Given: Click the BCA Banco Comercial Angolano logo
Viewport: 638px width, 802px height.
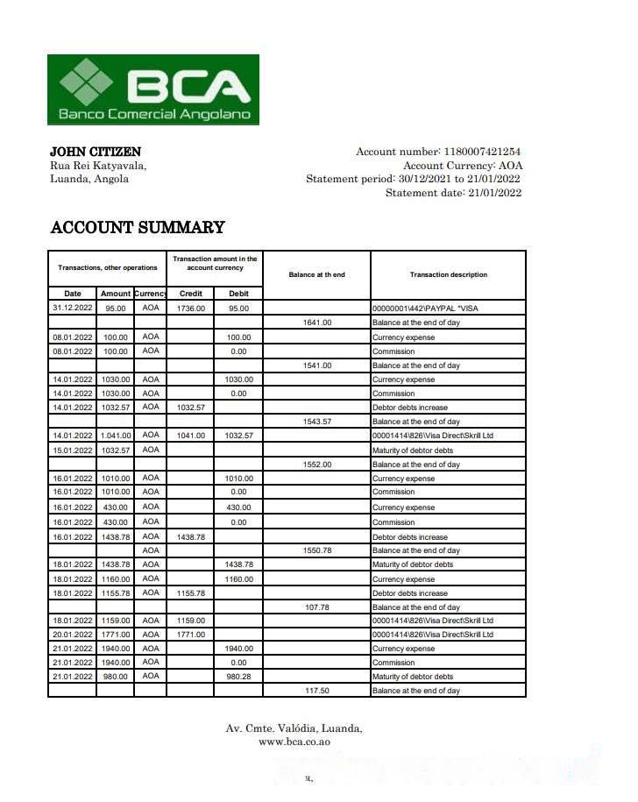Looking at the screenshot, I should pos(153,89).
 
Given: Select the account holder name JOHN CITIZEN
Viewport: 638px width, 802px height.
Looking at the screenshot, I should pos(96,152).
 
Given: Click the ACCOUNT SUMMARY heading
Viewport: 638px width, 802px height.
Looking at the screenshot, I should pos(138,228).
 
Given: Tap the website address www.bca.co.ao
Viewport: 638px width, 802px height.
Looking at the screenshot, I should pos(294,742).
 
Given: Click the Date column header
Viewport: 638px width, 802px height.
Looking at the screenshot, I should pos(72,294).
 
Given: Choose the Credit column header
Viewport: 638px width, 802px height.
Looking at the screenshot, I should pos(190,294).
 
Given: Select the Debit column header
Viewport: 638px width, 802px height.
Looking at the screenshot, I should pos(238,294).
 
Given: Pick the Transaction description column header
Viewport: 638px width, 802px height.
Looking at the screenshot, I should pos(448,274).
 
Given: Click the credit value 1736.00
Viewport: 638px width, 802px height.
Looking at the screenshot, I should pos(190,309).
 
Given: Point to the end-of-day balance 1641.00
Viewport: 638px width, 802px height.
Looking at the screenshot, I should pos(316,323).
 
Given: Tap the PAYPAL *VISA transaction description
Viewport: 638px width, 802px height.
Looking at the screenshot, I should pos(425,309).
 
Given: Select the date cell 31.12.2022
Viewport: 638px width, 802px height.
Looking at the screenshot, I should pos(72,309).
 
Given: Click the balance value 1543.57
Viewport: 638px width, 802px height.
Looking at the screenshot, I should pos(316,422).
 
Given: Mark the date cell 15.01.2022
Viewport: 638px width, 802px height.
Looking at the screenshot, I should pos(72,451).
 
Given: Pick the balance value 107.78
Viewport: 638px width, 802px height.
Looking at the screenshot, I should pos(316,607).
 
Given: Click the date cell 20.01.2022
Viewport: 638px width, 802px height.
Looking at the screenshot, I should pos(72,635).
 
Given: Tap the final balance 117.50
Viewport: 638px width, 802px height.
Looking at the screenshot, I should pos(316,691).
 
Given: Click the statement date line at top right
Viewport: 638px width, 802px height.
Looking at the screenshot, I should pos(453,193).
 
